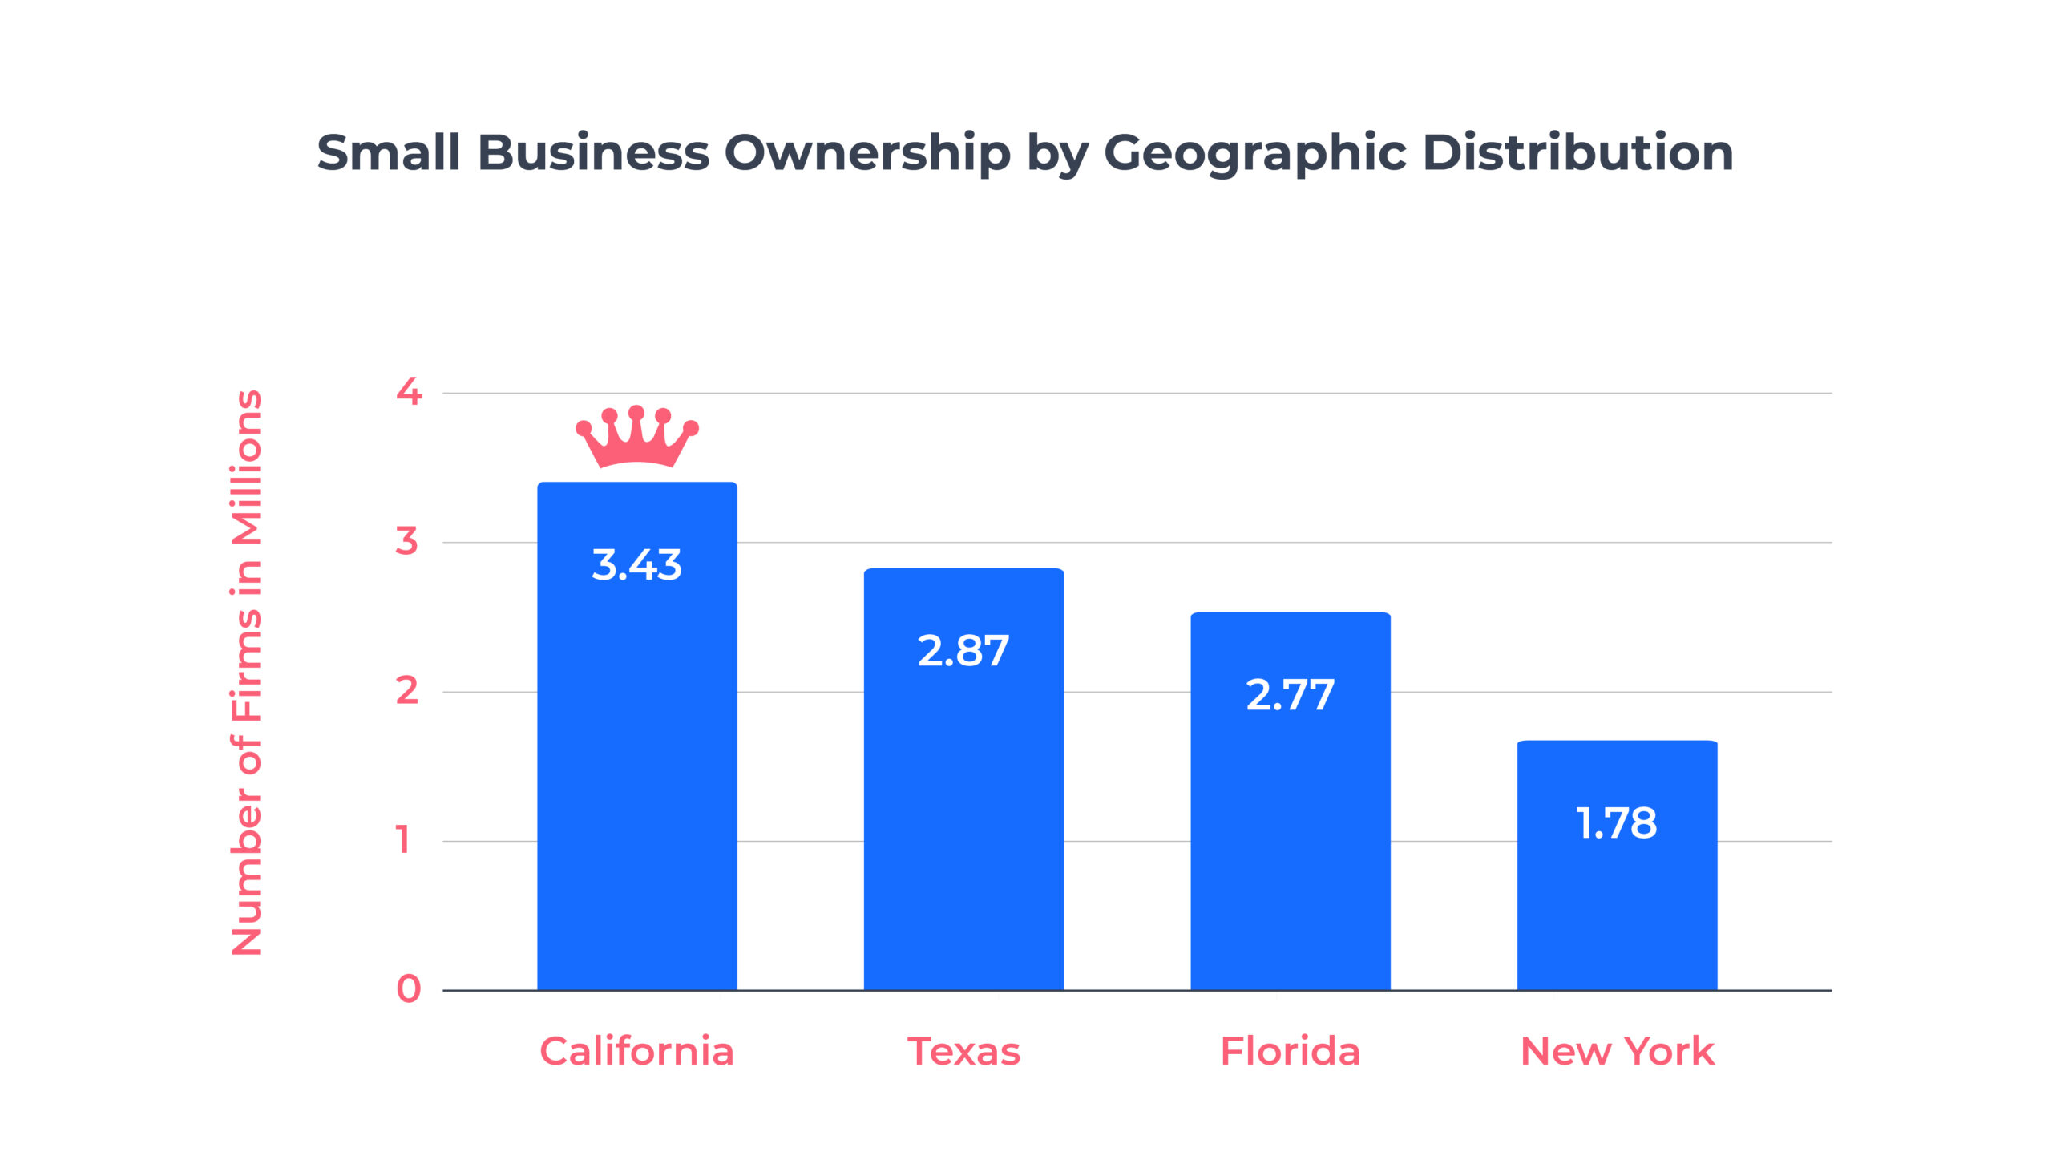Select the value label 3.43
pos(636,564)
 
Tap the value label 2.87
pos(963,651)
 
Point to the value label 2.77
pos(1290,694)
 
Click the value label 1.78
pos(1616,823)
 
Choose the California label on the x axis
pos(636,1051)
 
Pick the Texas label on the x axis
pos(963,1051)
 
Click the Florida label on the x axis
pos(1290,1051)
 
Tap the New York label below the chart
pos(1616,1051)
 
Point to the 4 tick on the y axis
pos(409,392)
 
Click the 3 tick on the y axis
pos(407,541)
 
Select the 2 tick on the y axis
pos(407,690)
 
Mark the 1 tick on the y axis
pos(404,840)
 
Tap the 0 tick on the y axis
pos(409,989)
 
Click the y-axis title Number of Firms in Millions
pos(247,673)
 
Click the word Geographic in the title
pos(1254,152)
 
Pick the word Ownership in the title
pos(866,152)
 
